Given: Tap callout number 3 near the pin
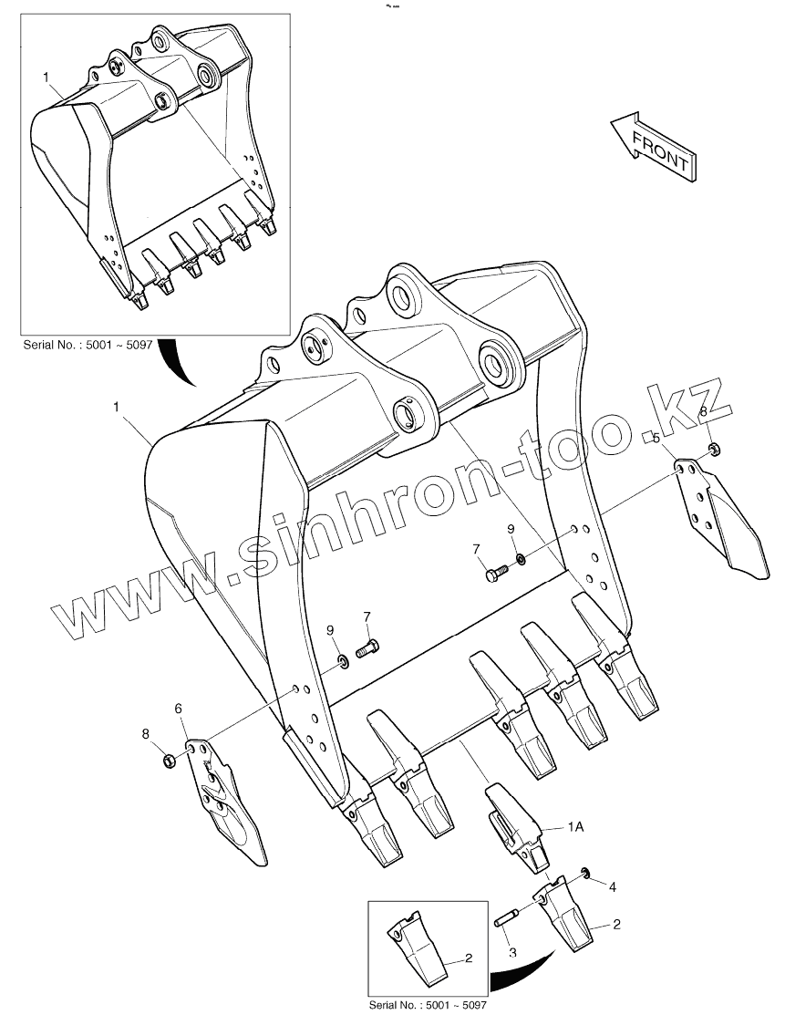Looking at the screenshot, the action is click(512, 953).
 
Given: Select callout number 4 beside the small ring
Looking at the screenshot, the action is click(613, 886).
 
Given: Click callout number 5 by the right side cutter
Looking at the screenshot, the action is click(656, 439).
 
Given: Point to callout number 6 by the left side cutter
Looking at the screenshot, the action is click(179, 708).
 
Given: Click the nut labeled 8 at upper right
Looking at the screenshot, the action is click(715, 449).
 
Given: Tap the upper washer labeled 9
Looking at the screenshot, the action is click(520, 558).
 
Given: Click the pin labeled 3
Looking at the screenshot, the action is click(505, 919).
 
